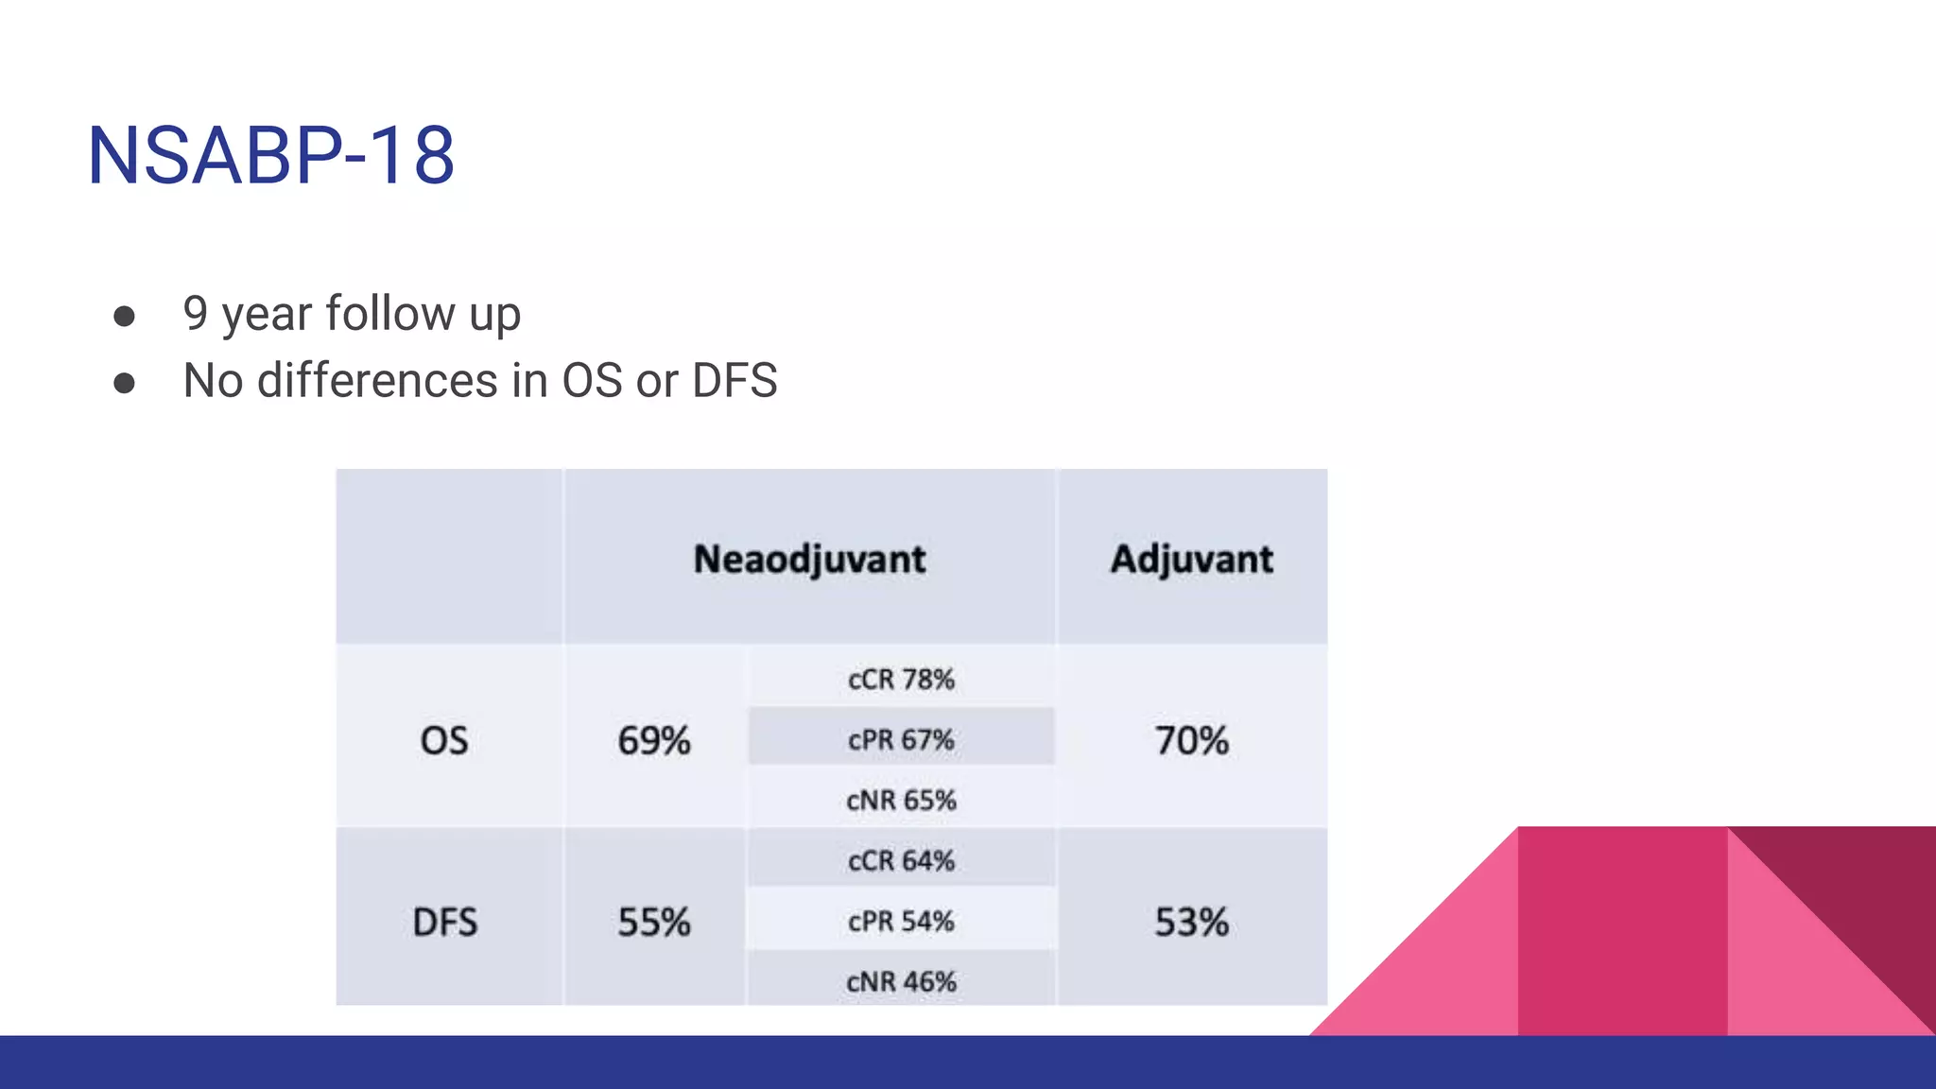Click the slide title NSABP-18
click(271, 156)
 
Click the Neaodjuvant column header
click(809, 559)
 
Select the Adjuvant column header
click(1191, 559)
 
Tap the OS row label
click(444, 740)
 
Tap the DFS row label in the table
click(445, 922)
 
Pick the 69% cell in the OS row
click(654, 740)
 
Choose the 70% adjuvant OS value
click(1191, 740)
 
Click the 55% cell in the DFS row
click(654, 922)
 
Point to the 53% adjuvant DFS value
click(1191, 922)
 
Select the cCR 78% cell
click(901, 680)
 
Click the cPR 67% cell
click(901, 739)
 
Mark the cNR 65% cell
click(901, 801)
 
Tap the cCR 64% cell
click(901, 861)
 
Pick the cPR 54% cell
click(901, 921)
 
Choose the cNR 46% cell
click(901, 982)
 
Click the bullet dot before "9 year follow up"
click(124, 316)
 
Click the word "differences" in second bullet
click(377, 381)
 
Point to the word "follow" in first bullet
click(390, 314)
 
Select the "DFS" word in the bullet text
click(735, 381)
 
